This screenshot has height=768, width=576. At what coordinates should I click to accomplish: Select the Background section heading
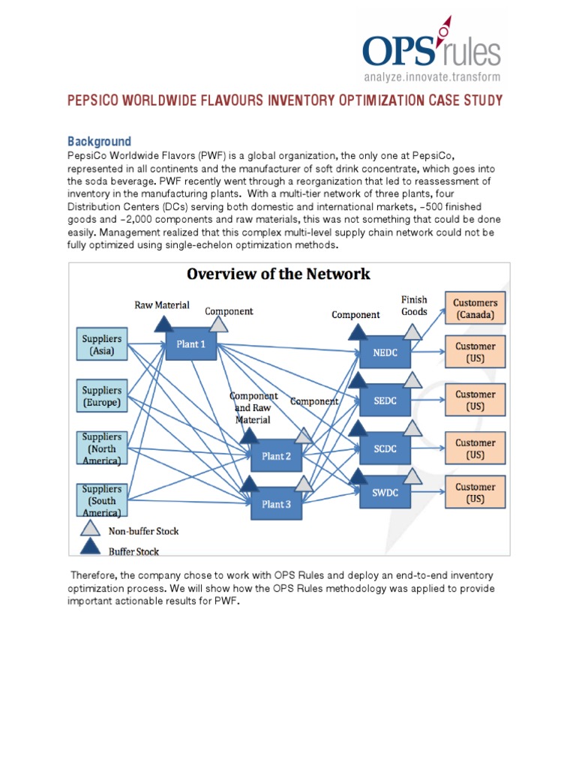point(99,141)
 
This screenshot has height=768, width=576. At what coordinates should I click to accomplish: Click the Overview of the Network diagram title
point(278,274)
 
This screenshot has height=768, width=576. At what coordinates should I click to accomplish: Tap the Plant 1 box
point(190,344)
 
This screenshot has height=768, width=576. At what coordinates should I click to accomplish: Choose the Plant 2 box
point(276,456)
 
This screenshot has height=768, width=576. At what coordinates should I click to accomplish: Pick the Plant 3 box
point(276,504)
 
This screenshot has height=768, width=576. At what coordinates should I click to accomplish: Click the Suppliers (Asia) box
point(101,345)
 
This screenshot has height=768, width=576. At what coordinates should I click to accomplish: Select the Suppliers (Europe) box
point(101,397)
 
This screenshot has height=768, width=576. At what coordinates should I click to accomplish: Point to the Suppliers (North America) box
point(101,448)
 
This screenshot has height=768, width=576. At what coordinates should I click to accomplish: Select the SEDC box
point(385,401)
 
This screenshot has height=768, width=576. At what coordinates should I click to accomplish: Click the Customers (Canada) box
point(475,309)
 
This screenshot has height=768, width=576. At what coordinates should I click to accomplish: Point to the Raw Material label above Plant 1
point(161,305)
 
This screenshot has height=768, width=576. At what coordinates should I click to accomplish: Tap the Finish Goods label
point(414,305)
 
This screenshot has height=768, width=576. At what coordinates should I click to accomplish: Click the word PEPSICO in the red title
point(94,100)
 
